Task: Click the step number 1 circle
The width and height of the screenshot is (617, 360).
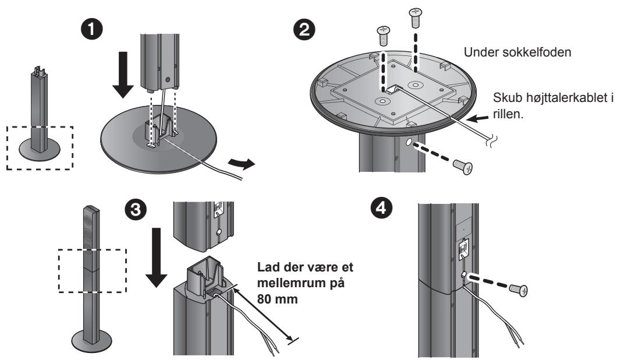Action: [92, 30]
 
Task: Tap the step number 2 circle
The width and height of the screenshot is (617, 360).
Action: [304, 30]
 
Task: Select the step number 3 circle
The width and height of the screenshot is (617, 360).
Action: [136, 209]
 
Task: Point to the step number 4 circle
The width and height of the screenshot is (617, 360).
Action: [382, 207]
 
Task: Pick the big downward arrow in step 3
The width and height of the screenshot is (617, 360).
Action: [157, 257]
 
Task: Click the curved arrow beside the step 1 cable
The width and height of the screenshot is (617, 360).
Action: [241, 163]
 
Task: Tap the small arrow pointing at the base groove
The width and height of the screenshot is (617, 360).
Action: [479, 117]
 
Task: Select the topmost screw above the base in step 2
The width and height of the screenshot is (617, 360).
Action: [415, 17]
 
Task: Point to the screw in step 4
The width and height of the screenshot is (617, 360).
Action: [518, 290]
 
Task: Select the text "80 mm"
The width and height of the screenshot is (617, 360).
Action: [278, 299]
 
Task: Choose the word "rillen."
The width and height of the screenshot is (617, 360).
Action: [508, 115]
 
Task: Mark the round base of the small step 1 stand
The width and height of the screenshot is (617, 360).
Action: [40, 149]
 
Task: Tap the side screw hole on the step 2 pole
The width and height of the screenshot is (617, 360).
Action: [408, 142]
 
